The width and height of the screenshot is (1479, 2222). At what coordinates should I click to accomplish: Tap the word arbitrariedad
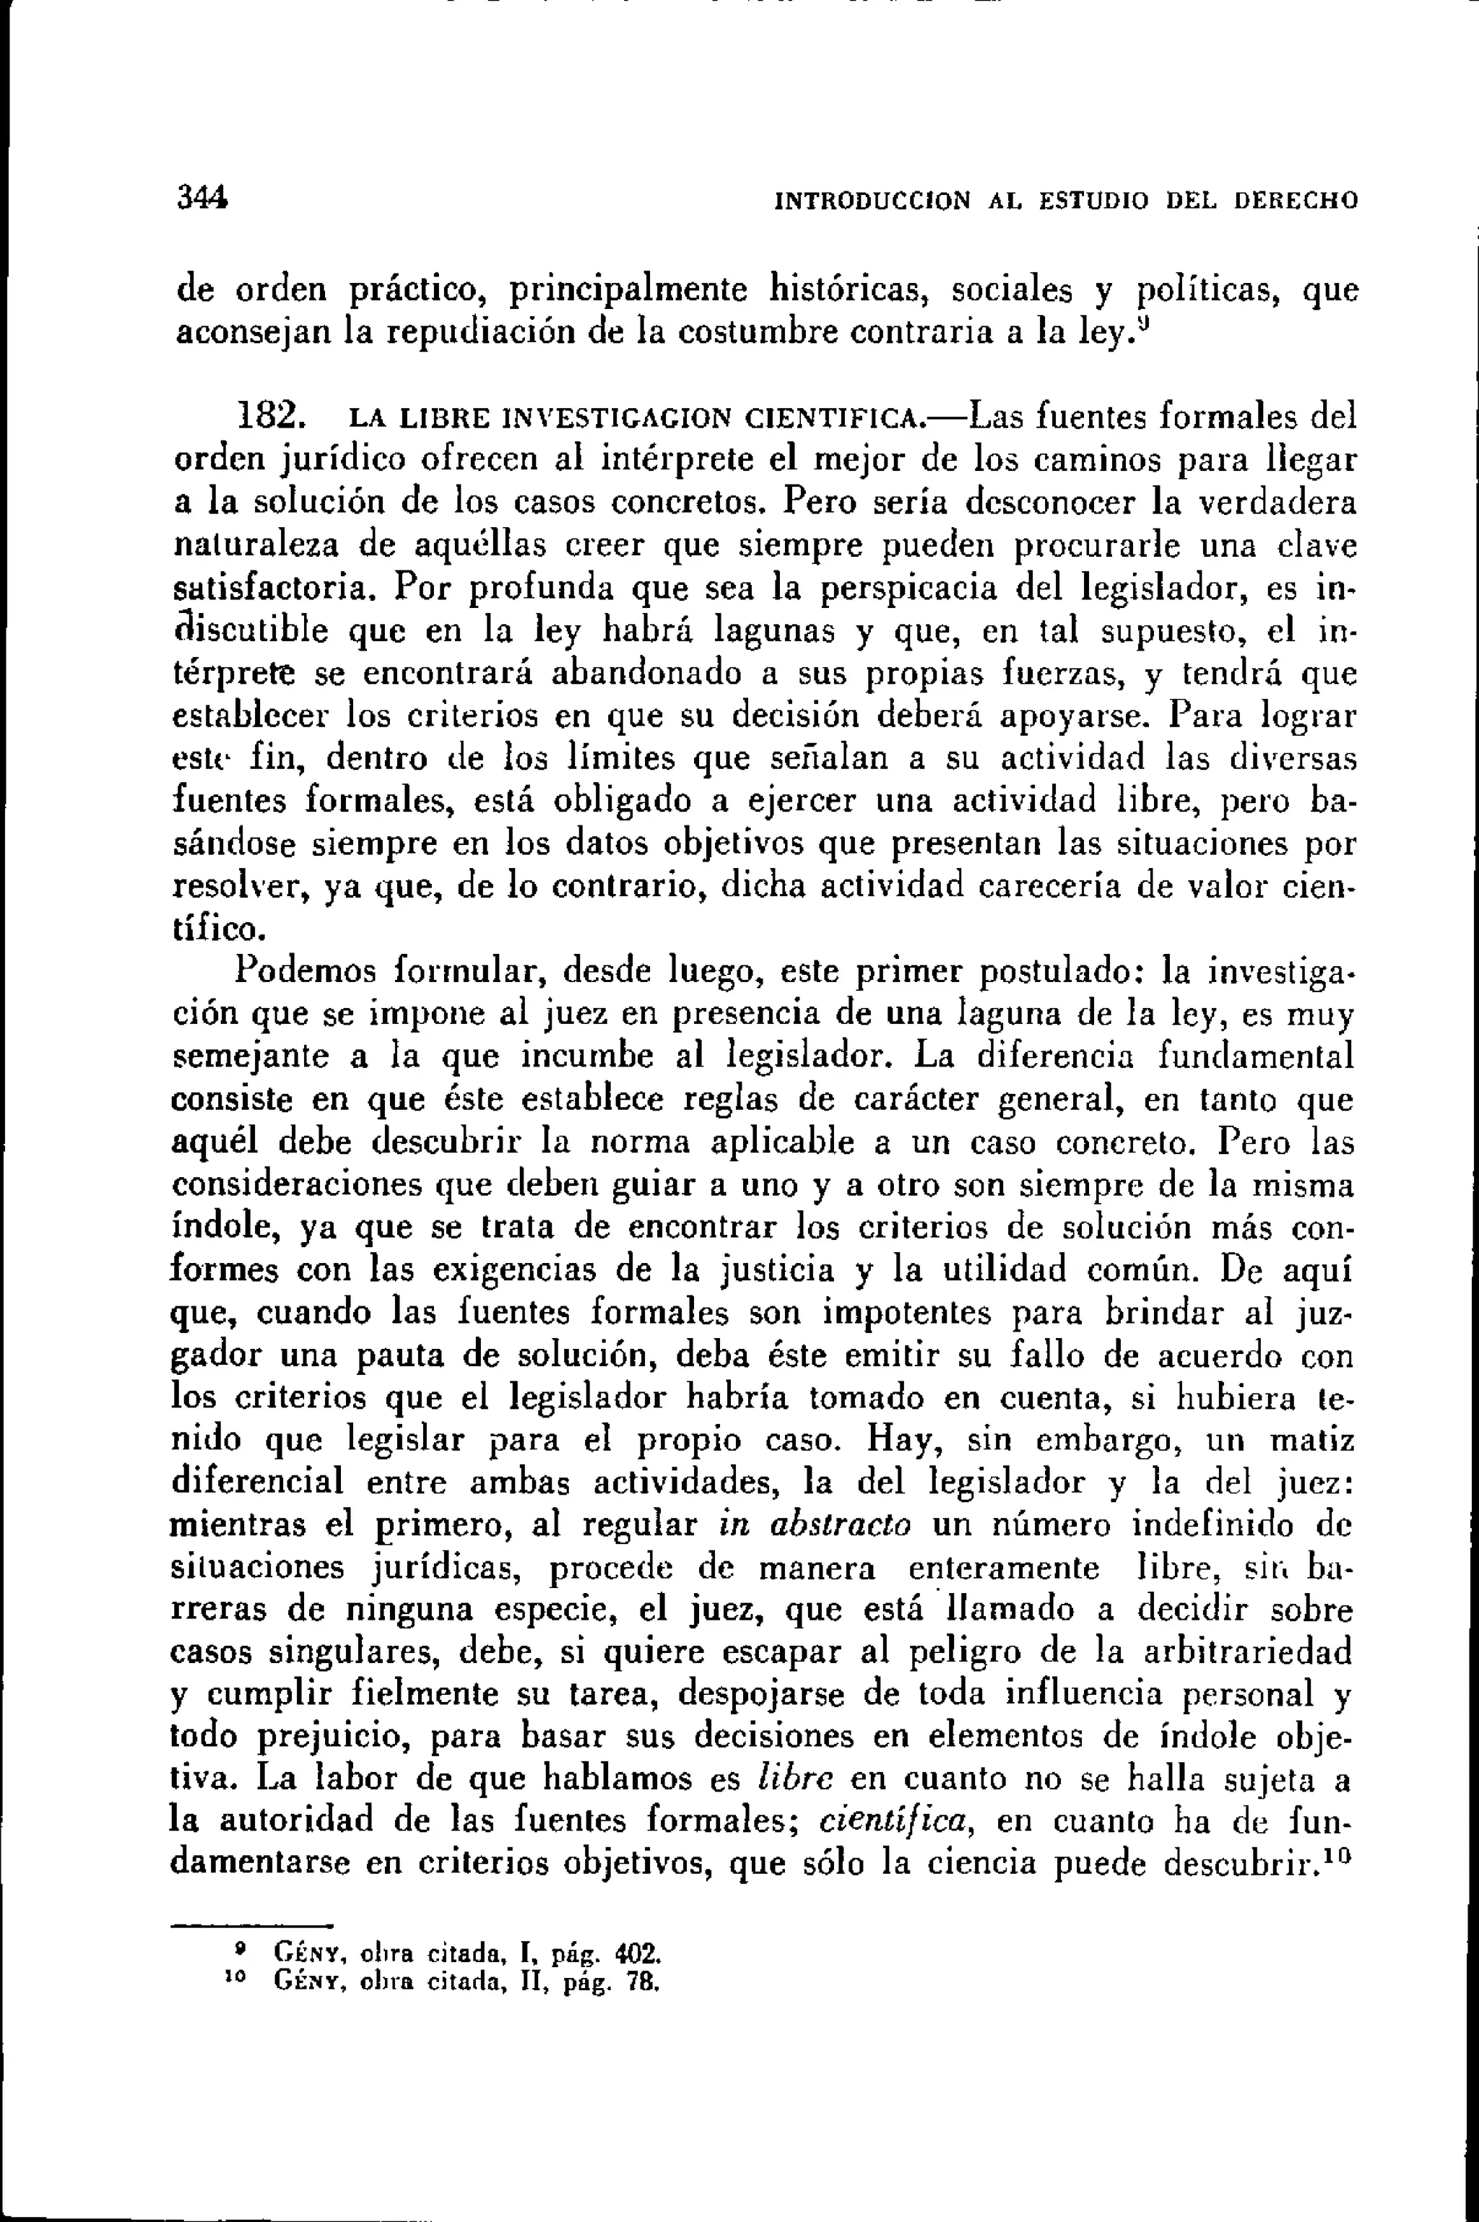coord(1247,1652)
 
